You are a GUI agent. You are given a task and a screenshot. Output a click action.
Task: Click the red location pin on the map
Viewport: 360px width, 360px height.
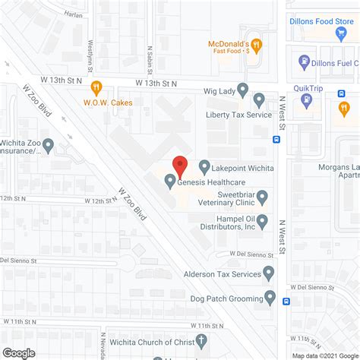[180, 164]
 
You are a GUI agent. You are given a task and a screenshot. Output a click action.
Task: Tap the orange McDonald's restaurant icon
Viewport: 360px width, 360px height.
[257, 45]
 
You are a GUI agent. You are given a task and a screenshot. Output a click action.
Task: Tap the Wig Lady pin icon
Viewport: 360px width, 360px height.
[243, 90]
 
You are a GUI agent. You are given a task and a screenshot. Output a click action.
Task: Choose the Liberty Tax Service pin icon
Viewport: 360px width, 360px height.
[258, 99]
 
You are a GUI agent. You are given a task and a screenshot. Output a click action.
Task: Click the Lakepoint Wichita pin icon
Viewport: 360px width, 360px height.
[204, 166]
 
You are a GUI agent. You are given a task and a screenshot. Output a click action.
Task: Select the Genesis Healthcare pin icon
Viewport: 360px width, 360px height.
[169, 181]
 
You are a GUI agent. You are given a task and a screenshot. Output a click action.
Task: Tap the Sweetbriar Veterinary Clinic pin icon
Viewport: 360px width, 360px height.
[263, 199]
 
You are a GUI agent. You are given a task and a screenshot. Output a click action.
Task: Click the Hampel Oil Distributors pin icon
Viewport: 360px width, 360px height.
[263, 222]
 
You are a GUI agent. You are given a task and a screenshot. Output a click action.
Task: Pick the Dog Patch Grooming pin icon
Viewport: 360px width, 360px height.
[270, 297]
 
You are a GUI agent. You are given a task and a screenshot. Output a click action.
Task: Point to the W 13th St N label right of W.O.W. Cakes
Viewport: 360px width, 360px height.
[157, 82]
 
